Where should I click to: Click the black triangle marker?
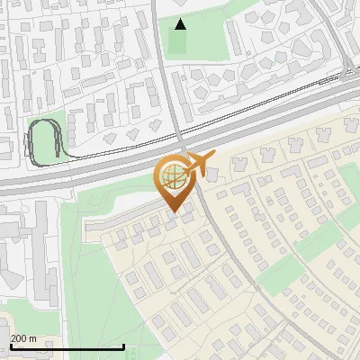[x=180, y=24]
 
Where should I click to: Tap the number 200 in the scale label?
[x=20, y=338]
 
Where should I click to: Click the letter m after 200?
[x=32, y=338]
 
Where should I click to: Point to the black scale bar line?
[x=67, y=346]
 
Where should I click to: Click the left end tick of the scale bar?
[x=10, y=345]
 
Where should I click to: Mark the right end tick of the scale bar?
[x=124, y=345]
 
